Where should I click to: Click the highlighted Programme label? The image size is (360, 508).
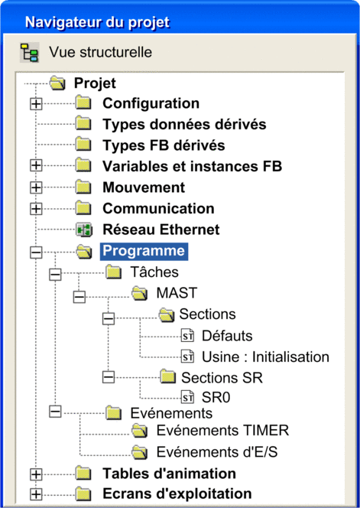tap(144, 251)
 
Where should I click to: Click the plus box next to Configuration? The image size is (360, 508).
tap(36, 104)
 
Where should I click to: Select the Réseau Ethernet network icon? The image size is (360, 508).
tap(85, 230)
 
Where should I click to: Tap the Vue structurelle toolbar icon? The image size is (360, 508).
tap(30, 52)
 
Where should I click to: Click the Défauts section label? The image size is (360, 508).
tap(227, 336)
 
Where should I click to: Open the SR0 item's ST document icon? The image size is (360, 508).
tap(187, 398)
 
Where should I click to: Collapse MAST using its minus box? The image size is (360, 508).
tap(79, 297)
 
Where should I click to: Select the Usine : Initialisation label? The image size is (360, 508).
tap(265, 357)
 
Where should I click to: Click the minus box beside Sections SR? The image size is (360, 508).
tap(109, 376)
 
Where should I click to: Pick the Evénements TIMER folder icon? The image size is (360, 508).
tap(140, 431)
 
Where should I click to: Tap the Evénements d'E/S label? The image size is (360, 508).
tap(217, 452)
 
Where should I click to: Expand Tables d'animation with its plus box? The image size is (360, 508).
tap(36, 474)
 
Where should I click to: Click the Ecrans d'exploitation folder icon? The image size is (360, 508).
tap(84, 494)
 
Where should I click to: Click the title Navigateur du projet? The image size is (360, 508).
tap(97, 23)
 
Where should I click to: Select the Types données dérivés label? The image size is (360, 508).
tap(184, 125)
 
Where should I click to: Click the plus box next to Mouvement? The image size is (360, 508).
tap(36, 188)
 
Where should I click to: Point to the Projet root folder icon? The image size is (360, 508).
tap(58, 83)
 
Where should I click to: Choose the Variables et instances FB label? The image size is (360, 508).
tap(193, 167)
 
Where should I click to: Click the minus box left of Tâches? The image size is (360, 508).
tap(55, 275)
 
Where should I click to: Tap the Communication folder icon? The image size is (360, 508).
tap(84, 209)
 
